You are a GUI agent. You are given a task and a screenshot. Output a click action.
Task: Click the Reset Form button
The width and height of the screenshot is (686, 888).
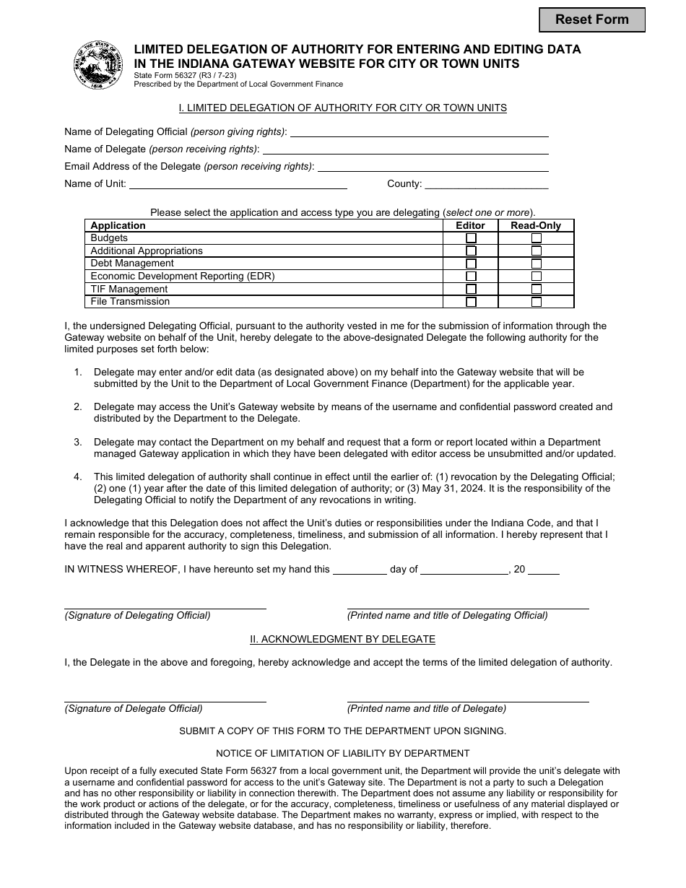[x=591, y=20]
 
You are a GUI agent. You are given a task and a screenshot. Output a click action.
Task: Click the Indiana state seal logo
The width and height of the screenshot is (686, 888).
[x=100, y=65]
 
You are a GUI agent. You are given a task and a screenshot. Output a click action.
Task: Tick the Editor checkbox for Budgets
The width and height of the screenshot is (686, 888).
[x=471, y=238]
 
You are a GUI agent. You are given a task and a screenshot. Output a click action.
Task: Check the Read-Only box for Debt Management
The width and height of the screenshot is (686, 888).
[x=537, y=264]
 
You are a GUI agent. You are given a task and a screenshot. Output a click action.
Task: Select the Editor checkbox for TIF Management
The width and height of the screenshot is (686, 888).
[x=471, y=290]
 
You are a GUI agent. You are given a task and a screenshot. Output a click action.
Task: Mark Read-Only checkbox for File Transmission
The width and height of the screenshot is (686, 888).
[x=537, y=302]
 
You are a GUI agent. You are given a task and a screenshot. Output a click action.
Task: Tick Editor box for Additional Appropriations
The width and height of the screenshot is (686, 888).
[x=471, y=251]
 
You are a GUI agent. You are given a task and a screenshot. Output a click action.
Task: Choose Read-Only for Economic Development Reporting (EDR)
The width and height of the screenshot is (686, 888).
[x=537, y=277]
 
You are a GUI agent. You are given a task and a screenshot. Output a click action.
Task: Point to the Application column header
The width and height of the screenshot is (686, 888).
[x=118, y=225]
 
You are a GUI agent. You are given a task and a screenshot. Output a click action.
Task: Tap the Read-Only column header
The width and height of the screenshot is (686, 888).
[x=536, y=225]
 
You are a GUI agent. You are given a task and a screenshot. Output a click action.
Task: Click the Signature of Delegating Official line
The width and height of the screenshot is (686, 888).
[x=165, y=605]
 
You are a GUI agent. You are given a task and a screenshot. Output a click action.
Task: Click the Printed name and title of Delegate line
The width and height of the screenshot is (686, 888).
[x=468, y=697]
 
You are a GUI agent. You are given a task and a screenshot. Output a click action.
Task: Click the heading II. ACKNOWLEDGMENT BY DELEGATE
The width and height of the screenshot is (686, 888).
[x=342, y=639]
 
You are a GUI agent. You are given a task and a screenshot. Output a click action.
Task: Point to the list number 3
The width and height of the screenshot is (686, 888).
[x=78, y=442]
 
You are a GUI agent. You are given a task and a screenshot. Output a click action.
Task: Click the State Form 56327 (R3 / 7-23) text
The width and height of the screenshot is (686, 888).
[x=185, y=75]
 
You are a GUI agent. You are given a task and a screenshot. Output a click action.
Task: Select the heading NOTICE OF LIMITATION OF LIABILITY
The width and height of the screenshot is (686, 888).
[x=342, y=753]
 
